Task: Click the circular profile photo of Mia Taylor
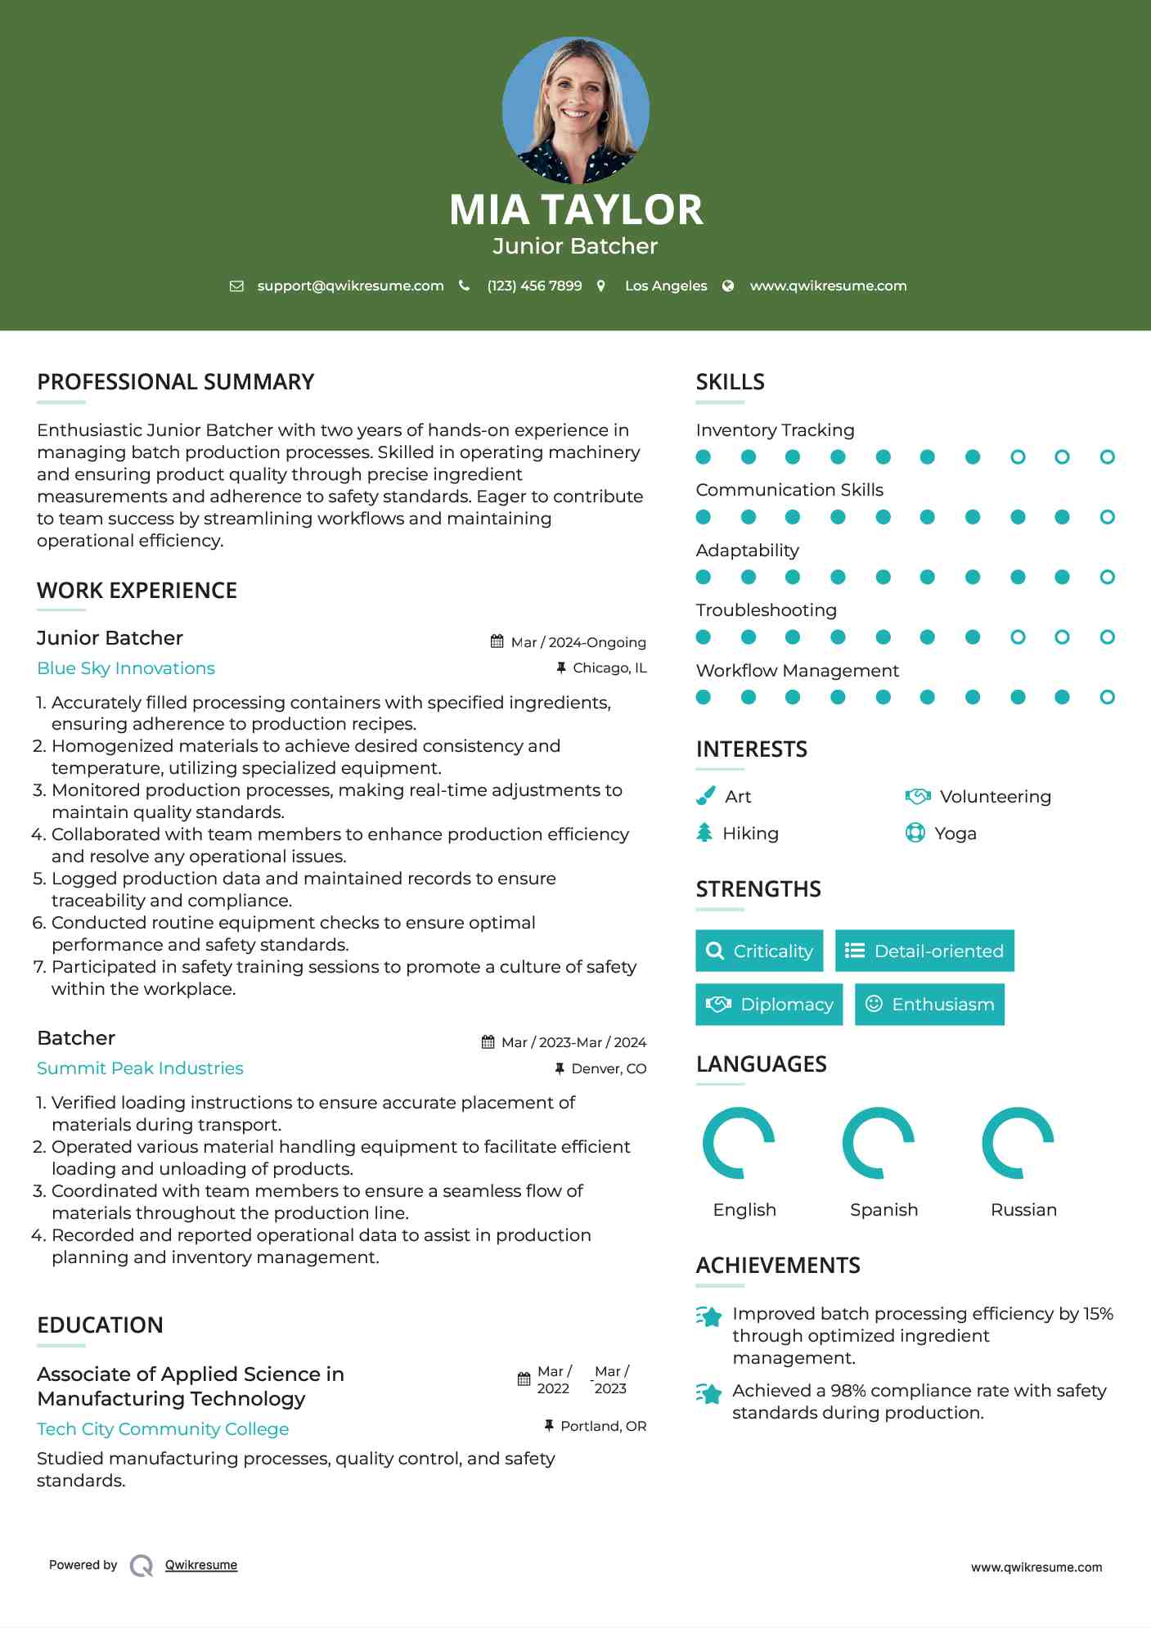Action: click(575, 110)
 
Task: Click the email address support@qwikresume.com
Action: click(350, 286)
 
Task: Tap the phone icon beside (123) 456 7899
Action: click(465, 286)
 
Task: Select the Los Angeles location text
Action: click(666, 286)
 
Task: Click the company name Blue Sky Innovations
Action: click(126, 668)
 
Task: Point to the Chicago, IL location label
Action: click(609, 668)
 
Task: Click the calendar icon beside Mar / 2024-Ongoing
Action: click(497, 641)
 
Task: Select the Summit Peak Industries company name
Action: click(140, 1068)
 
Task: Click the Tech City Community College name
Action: click(163, 1429)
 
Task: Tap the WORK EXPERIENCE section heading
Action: click(137, 591)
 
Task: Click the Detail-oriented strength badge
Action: click(924, 951)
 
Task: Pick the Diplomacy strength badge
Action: click(769, 1005)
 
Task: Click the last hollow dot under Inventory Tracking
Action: click(1107, 457)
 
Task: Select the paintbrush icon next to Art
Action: click(705, 796)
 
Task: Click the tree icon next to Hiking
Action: click(704, 833)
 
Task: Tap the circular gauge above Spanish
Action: click(879, 1143)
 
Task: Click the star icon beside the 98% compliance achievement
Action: click(709, 1393)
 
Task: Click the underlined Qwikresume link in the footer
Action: click(201, 1565)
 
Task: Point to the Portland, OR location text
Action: click(604, 1426)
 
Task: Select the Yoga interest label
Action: click(955, 834)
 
